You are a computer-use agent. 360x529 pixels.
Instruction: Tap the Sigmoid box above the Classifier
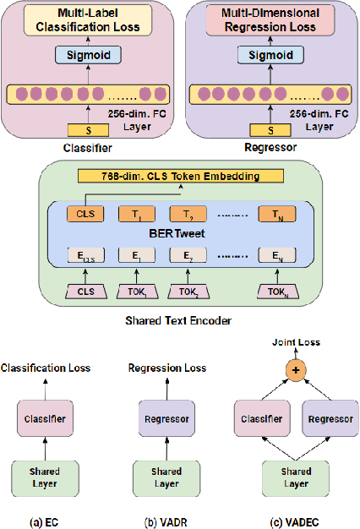coord(83,55)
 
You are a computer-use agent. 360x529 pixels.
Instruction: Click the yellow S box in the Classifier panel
coord(82,130)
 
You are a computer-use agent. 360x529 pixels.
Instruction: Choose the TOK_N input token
coord(277,292)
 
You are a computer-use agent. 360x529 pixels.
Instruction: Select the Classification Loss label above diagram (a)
coord(45,368)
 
